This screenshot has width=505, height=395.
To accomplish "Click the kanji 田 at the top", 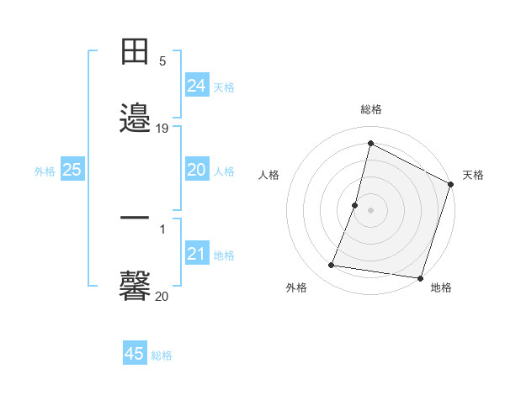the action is (x=135, y=52).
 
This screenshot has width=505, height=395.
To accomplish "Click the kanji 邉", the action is (x=135, y=117).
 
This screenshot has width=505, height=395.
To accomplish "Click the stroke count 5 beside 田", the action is (x=162, y=61).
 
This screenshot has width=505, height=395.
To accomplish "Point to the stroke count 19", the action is (x=162, y=128).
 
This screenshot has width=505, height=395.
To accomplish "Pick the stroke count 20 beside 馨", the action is (x=162, y=296).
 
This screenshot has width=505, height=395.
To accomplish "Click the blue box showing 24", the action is (x=197, y=86).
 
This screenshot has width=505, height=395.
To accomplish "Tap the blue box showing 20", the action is (x=197, y=170).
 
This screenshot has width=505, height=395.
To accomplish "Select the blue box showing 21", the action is (x=197, y=254).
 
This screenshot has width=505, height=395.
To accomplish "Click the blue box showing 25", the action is (x=72, y=170).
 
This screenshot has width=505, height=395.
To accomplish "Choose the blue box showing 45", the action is (x=135, y=354).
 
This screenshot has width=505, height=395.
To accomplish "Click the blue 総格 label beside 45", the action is (x=162, y=355).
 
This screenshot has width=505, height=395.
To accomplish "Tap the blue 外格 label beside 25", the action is (x=45, y=171).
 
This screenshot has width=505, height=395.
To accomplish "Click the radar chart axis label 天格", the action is (x=473, y=175).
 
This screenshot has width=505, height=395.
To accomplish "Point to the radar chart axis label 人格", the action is (x=269, y=175).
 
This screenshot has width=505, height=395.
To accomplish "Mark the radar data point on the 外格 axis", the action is (x=332, y=266).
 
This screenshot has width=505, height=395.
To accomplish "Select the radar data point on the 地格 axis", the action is (x=420, y=278).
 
